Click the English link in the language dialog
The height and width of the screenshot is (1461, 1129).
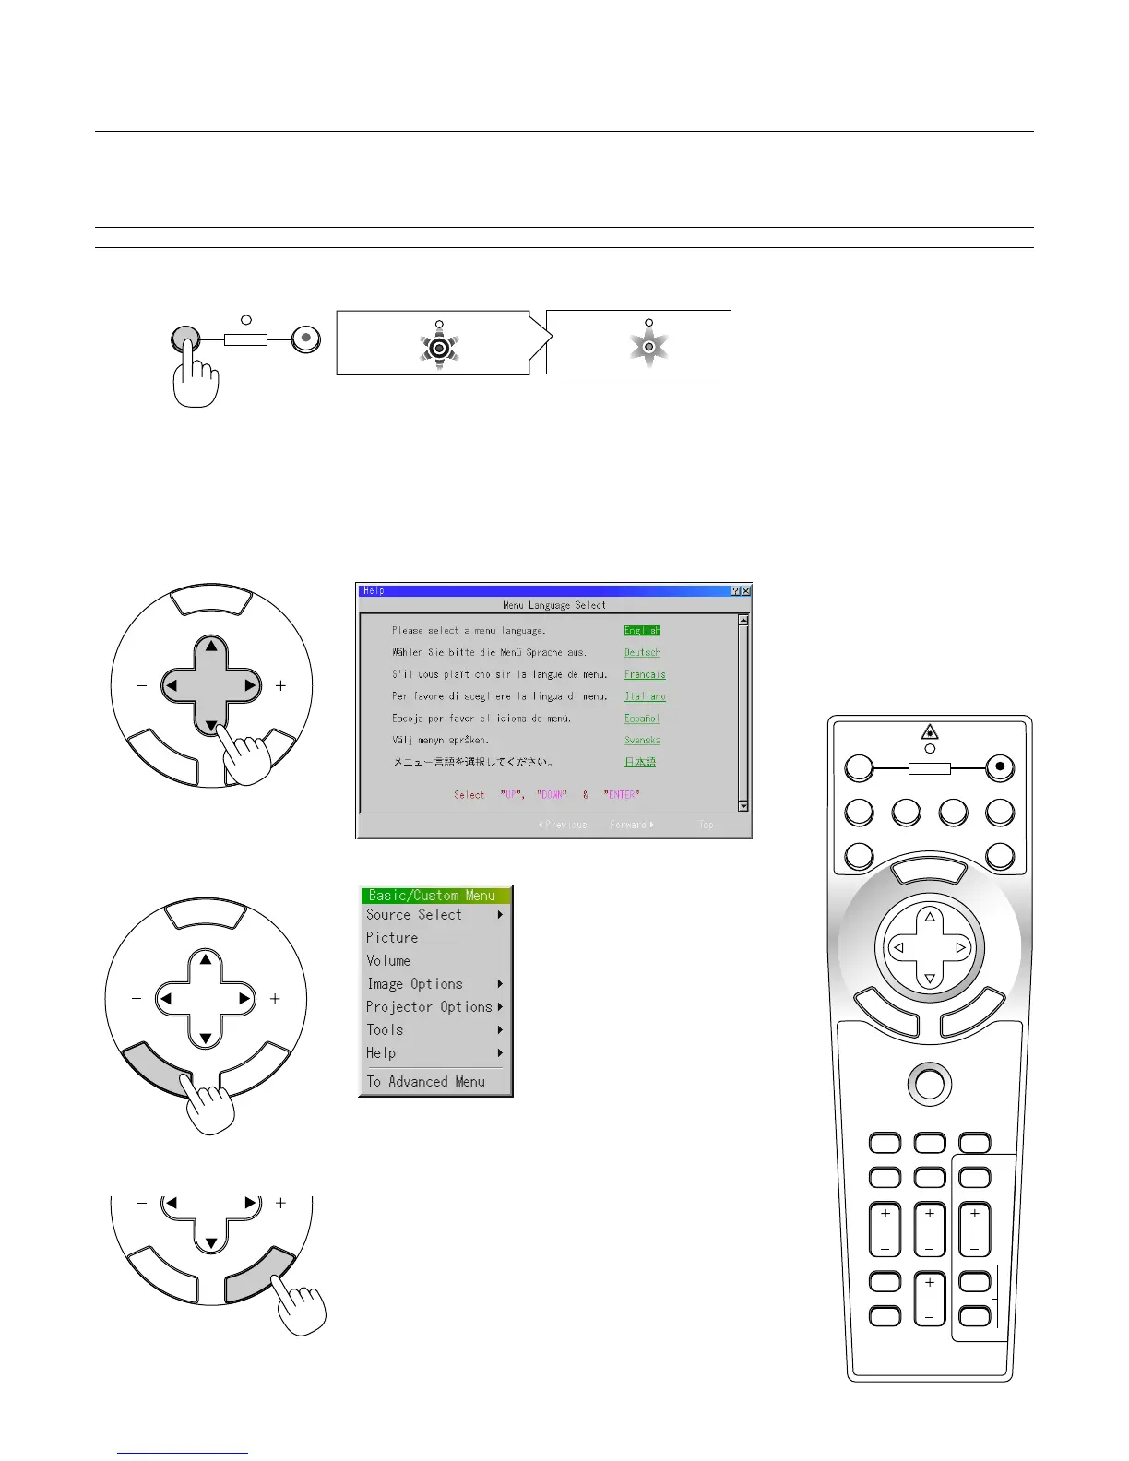click(x=642, y=631)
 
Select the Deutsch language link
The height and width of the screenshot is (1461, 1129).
click(x=642, y=653)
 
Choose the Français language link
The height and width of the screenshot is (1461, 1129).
click(x=645, y=674)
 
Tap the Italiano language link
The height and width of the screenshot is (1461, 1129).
click(x=645, y=696)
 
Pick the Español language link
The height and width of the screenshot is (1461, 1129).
click(x=642, y=719)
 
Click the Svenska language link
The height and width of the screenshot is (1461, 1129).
click(x=642, y=741)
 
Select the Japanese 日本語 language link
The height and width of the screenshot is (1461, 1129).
click(x=640, y=763)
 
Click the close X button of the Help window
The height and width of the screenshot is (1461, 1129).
click(x=745, y=590)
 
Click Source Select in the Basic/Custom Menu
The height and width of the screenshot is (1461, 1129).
click(x=414, y=915)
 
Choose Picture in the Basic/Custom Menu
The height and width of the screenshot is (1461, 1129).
click(x=392, y=938)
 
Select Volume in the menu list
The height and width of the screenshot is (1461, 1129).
click(x=388, y=961)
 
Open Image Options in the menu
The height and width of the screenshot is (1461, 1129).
click(x=415, y=984)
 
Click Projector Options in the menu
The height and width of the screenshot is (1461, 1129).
click(x=429, y=1007)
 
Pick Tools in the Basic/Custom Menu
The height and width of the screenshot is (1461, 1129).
click(x=385, y=1030)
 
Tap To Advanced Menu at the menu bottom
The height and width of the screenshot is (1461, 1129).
click(x=425, y=1082)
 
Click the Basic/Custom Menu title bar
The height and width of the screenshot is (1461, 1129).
click(x=434, y=896)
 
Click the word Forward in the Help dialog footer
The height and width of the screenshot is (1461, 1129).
click(x=629, y=825)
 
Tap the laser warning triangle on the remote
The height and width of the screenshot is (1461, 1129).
click(x=930, y=732)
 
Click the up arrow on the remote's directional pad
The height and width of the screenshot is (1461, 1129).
click(x=930, y=917)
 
